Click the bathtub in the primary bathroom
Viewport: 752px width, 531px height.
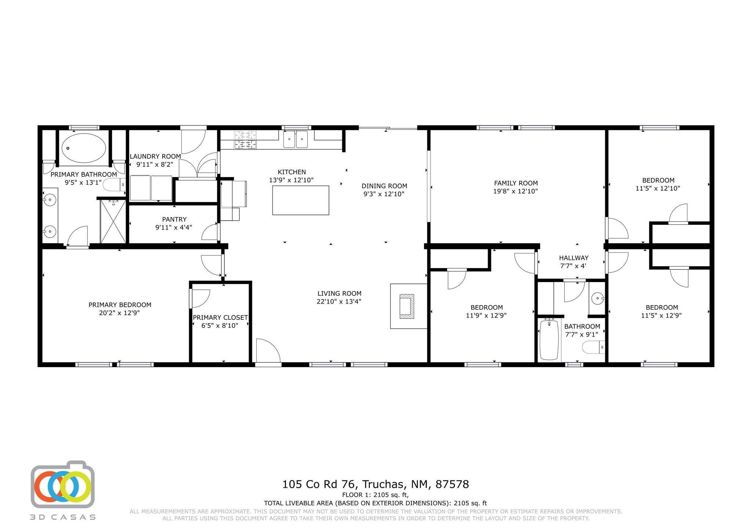pos(84,148)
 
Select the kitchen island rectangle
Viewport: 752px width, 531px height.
pos(300,200)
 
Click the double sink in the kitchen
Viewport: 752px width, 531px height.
pos(296,139)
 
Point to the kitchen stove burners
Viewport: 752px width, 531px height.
pos(245,140)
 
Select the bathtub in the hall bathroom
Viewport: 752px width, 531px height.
pos(549,339)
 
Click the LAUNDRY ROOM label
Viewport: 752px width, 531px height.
pos(155,157)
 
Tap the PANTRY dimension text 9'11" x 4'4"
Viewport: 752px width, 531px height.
pos(174,227)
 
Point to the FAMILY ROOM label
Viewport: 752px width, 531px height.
pos(516,183)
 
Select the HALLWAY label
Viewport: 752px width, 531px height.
pos(574,258)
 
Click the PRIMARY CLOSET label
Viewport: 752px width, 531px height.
pos(220,318)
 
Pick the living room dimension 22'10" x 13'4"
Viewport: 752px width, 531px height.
pos(339,301)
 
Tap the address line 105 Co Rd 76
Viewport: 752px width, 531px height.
pos(318,484)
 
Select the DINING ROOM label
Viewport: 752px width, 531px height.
pos(384,186)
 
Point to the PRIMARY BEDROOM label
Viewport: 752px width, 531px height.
pos(120,305)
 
